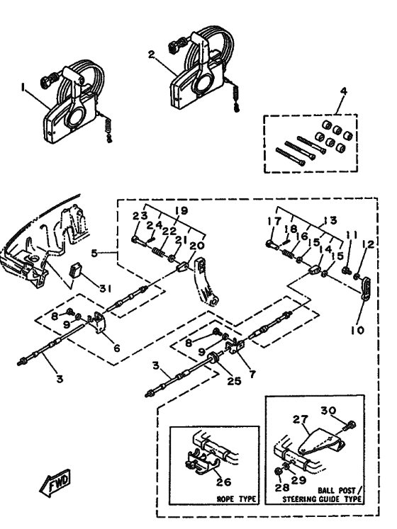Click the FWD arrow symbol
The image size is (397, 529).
click(55, 483)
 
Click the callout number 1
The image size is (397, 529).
click(23, 88)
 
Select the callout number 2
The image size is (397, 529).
click(152, 54)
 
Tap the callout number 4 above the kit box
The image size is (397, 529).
click(344, 91)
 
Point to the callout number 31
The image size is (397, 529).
click(105, 288)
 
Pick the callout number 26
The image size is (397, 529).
click(224, 482)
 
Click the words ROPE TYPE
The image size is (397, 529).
click(236, 499)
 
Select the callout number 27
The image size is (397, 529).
click(301, 420)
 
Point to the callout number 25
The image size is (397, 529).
click(234, 381)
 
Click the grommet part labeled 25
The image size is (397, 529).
click(213, 358)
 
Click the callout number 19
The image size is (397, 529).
click(181, 211)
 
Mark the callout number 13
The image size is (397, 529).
click(330, 220)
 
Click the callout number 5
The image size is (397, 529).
click(95, 253)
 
